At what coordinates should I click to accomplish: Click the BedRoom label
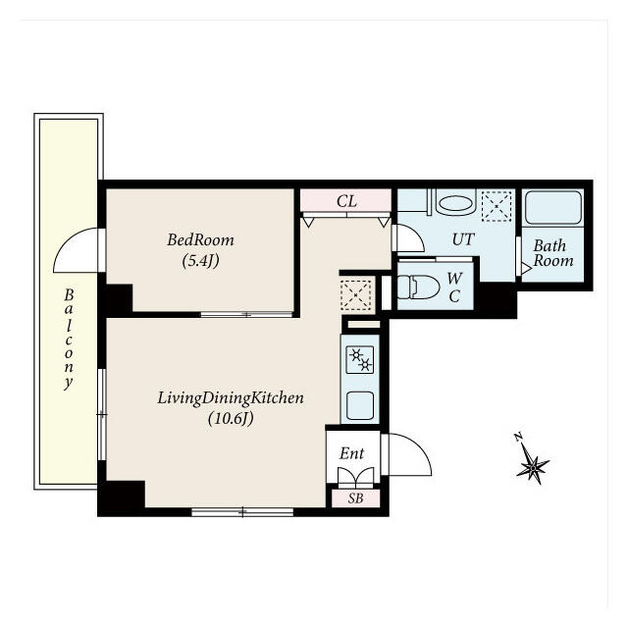point(200,239)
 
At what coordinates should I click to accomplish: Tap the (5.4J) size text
point(200,261)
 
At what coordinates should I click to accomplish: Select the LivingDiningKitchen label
point(231,398)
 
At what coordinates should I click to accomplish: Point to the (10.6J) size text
point(231,419)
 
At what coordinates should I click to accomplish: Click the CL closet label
point(346,201)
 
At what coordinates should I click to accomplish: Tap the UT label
point(463,239)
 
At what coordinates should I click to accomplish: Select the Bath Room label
point(553,253)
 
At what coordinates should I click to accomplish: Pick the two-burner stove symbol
point(360,360)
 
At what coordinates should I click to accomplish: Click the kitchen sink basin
point(360,405)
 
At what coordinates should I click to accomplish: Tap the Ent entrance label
point(351,453)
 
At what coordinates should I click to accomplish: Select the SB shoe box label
point(355,498)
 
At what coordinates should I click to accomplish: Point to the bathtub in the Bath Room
point(553,207)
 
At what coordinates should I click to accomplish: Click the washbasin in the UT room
point(454,203)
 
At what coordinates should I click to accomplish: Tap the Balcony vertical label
point(69,339)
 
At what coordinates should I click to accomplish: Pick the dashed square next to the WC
point(356,295)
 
